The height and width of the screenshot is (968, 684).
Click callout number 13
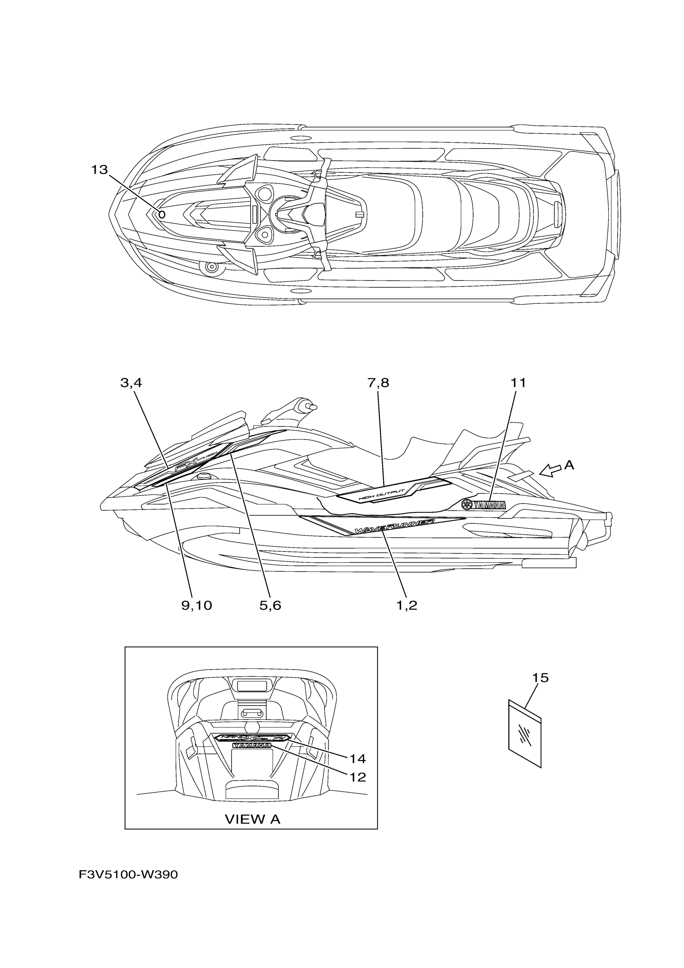99,170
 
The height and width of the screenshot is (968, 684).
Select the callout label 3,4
131,383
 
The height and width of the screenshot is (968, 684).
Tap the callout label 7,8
378,383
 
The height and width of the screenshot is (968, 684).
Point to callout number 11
518,383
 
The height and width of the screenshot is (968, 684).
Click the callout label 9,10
196,606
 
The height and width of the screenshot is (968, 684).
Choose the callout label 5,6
270,606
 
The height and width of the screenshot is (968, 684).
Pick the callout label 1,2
407,606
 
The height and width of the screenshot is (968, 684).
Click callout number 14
357,759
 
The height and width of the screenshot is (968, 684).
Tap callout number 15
540,678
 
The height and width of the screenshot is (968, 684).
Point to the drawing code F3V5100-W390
128,887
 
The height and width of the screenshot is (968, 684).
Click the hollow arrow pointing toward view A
550,470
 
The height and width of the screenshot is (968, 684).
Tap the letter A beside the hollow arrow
569,465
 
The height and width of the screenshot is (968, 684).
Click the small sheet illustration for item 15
525,733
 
